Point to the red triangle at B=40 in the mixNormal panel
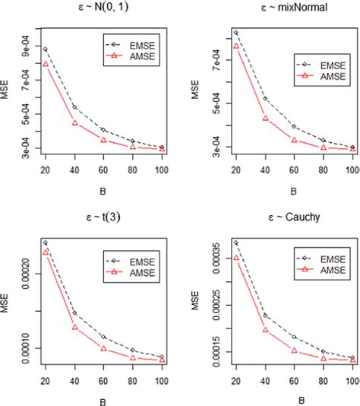pyautogui.click(x=265, y=118)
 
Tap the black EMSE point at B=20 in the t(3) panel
pyautogui.click(x=45, y=243)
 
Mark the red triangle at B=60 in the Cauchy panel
pyautogui.click(x=294, y=350)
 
